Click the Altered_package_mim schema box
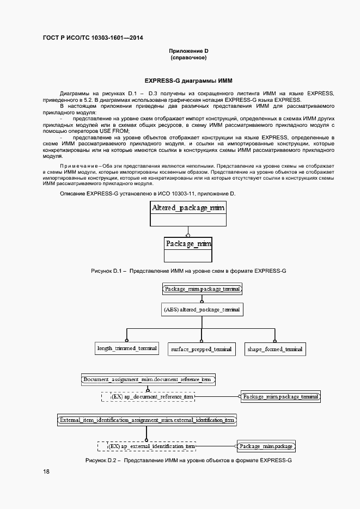[188, 208]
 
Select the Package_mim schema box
[188, 243]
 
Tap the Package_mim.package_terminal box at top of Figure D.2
[202, 289]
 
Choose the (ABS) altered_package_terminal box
[202, 309]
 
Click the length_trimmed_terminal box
[127, 348]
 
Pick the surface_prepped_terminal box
[201, 349]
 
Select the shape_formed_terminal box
[274, 349]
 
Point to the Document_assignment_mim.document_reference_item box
[148, 379]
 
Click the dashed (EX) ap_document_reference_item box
[148, 397]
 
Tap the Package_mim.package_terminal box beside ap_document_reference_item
[280, 397]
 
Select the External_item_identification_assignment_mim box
[147, 420]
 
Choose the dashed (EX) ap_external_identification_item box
[147, 446]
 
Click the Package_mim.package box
[266, 446]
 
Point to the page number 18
[46, 471]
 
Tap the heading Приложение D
[188, 51]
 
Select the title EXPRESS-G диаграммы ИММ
[188, 80]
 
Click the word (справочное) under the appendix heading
[188, 58]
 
